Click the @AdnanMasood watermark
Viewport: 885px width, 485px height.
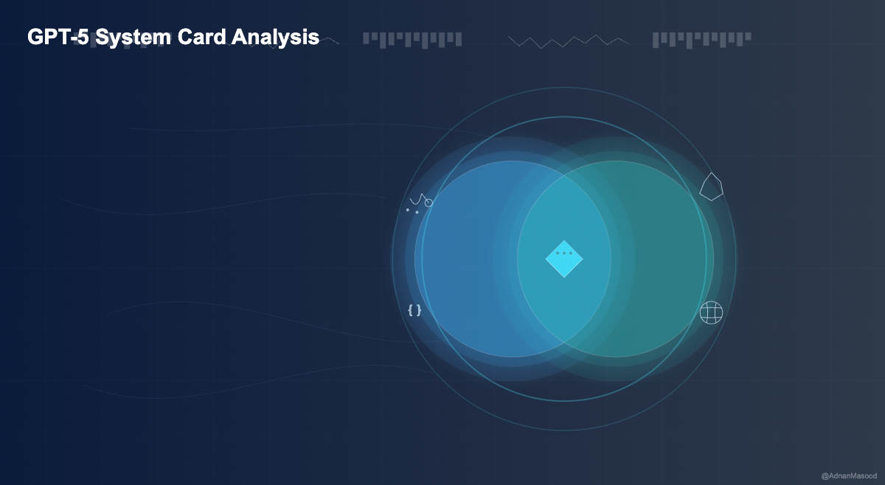click(x=849, y=476)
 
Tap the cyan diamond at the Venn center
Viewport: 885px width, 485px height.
click(x=564, y=259)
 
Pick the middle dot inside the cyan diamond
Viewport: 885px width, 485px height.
click(x=564, y=253)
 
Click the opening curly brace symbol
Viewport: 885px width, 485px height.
click(x=411, y=310)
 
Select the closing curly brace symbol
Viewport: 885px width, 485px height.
click(x=419, y=310)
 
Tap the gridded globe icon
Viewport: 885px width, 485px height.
click(x=711, y=313)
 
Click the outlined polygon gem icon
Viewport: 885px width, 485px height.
click(x=711, y=187)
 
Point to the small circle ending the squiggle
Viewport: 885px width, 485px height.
click(x=428, y=202)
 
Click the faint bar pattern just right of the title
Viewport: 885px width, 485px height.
click(x=412, y=39)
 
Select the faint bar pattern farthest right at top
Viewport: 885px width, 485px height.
click(x=701, y=39)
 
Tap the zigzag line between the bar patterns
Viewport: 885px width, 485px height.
click(x=569, y=41)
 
